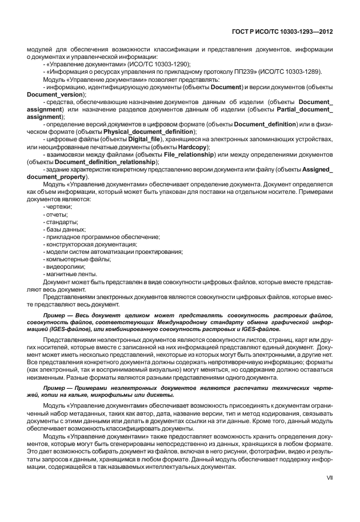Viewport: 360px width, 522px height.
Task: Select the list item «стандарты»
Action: point(61,221)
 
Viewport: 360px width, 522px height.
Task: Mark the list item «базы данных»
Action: point(65,229)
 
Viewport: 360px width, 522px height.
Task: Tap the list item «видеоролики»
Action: point(65,266)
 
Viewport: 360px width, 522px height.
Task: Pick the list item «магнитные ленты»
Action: point(69,274)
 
